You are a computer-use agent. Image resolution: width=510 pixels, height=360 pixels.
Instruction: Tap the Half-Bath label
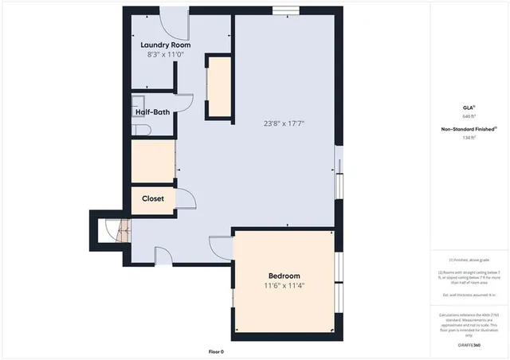(x=151, y=112)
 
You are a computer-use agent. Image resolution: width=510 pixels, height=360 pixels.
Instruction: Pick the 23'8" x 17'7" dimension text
(x=284, y=123)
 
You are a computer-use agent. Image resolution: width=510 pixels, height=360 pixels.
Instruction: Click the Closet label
(x=153, y=198)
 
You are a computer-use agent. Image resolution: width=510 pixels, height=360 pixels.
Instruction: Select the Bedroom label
(x=284, y=275)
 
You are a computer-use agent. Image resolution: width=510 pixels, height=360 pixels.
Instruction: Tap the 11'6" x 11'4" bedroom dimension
(x=284, y=286)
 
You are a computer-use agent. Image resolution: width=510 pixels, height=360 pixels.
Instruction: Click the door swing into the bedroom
(x=221, y=248)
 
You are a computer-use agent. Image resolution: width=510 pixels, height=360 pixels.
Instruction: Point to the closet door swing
(x=183, y=202)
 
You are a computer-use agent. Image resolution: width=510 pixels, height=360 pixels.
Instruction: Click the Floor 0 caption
(x=216, y=351)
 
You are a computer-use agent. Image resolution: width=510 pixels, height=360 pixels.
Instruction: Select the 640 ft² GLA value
(x=468, y=115)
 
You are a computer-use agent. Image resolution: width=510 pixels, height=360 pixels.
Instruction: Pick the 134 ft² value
(x=468, y=137)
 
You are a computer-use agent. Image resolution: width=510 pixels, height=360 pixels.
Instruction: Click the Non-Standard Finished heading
(x=468, y=128)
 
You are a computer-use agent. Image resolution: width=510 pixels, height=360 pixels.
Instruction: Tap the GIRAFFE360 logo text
(x=468, y=344)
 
